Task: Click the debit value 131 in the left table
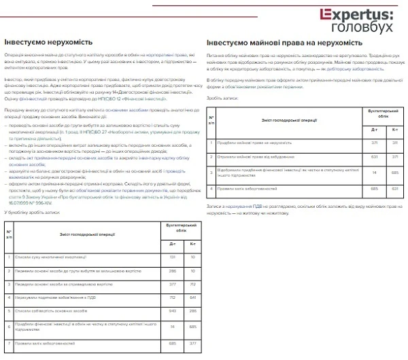pos(172,257)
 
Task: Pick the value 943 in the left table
pos(172,310)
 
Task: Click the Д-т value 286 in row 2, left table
pos(172,270)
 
